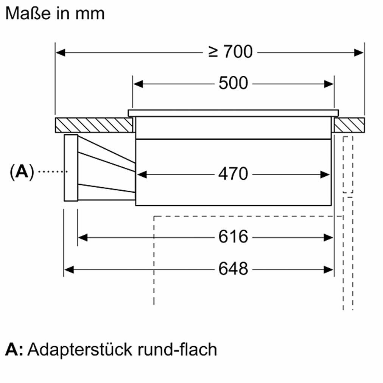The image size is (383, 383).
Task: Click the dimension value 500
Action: [x=233, y=83]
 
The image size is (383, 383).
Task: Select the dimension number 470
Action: [x=233, y=174]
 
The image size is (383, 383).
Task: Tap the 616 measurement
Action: [x=233, y=237]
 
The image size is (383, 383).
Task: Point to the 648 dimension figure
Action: [x=233, y=269]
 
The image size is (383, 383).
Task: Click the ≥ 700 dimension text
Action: [x=230, y=52]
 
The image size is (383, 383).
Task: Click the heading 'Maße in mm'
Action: [x=55, y=14]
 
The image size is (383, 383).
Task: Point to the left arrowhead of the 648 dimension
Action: [x=69, y=269]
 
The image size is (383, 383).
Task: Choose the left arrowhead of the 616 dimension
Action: [x=83, y=237]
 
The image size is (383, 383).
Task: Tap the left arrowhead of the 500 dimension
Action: [x=138, y=84]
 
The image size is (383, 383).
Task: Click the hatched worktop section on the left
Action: [x=93, y=125]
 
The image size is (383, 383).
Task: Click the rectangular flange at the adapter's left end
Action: [x=71, y=168]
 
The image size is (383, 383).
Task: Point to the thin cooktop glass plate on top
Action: [x=233, y=113]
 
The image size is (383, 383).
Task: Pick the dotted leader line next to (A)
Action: [x=53, y=172]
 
